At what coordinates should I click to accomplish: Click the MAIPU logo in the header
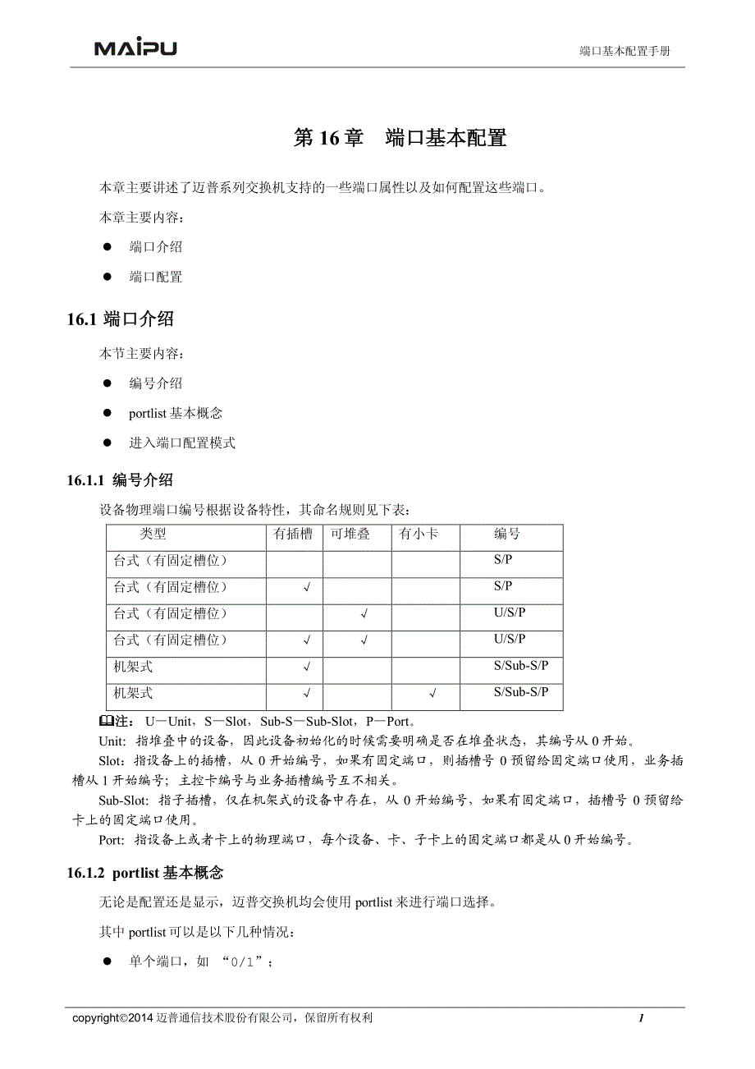(135, 48)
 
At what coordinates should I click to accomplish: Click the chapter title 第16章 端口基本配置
(400, 138)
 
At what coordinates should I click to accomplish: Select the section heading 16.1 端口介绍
(120, 319)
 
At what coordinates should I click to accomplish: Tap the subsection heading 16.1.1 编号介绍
(120, 480)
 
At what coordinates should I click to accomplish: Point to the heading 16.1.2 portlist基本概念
(145, 872)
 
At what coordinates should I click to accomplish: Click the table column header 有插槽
(293, 534)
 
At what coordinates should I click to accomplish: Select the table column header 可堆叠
(350, 534)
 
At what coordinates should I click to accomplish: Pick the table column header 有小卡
(419, 534)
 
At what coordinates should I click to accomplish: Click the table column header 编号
(507, 534)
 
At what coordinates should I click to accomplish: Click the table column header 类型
(153, 534)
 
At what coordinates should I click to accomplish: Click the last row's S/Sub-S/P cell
(521, 692)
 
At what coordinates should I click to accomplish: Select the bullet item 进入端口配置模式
(182, 443)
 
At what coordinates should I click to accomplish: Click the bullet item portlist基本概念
(176, 414)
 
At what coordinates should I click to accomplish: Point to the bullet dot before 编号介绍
(107, 383)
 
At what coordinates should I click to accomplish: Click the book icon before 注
(106, 722)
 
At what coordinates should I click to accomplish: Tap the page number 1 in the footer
(641, 1018)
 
